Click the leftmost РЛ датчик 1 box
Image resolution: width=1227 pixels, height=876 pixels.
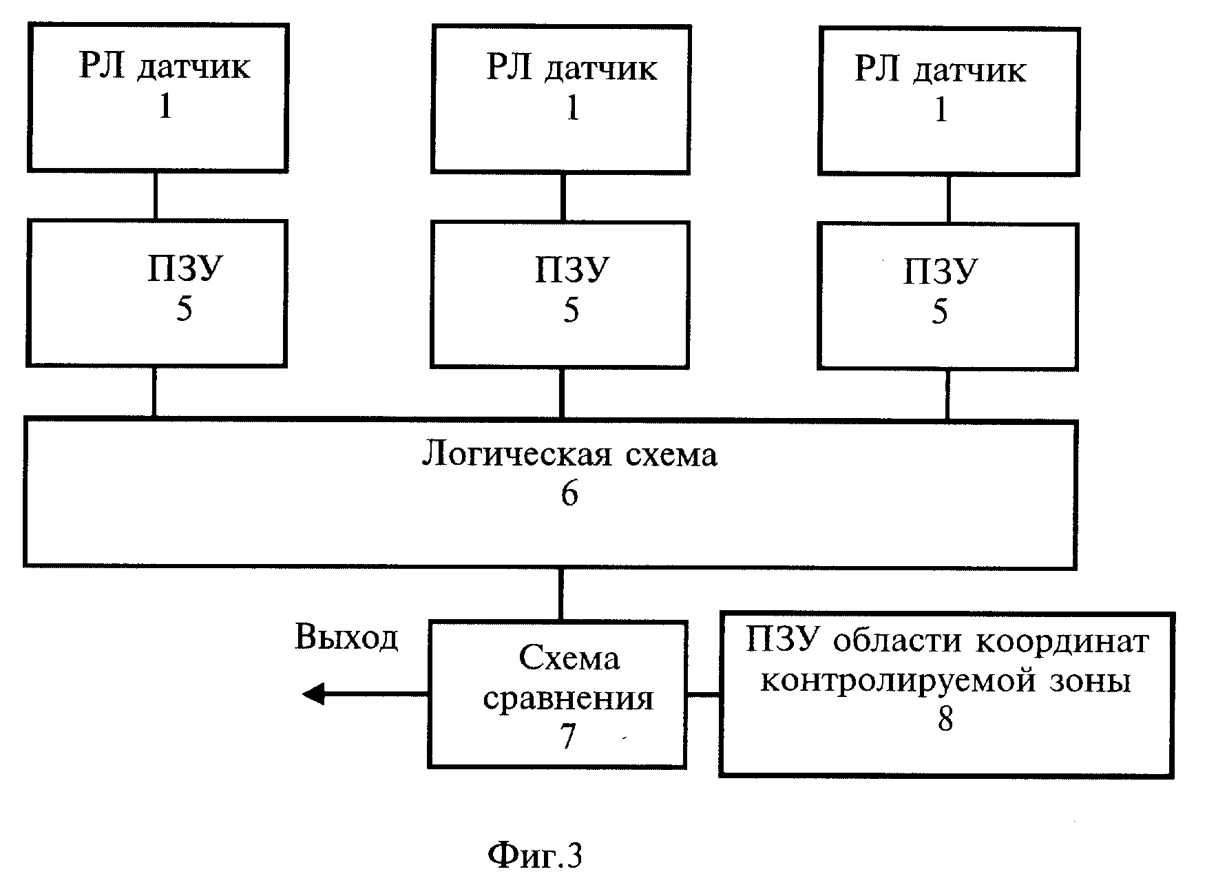158,97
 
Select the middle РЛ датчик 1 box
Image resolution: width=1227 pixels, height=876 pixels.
561,99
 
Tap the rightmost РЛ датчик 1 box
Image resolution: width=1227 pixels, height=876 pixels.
949,101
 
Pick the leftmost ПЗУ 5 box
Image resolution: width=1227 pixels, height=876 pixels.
157,293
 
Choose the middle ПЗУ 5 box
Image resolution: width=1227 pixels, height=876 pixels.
560,295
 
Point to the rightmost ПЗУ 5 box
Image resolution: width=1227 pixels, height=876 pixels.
948,297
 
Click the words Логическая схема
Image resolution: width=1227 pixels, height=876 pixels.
569,455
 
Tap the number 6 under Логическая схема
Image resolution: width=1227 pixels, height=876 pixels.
569,494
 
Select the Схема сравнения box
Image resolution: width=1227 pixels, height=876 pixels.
558,694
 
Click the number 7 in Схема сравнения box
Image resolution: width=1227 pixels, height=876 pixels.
567,737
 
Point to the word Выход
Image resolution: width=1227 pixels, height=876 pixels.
346,637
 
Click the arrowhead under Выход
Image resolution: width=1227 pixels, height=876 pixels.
313,693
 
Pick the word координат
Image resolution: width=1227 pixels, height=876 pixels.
1062,641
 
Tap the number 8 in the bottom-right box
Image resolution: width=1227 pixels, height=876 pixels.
945,719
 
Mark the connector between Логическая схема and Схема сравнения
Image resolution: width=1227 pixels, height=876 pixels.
560,594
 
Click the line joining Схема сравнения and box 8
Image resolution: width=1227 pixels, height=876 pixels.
704,694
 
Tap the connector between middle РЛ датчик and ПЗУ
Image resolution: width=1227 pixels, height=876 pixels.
563,198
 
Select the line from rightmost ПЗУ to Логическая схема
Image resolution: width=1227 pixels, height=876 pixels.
948,395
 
